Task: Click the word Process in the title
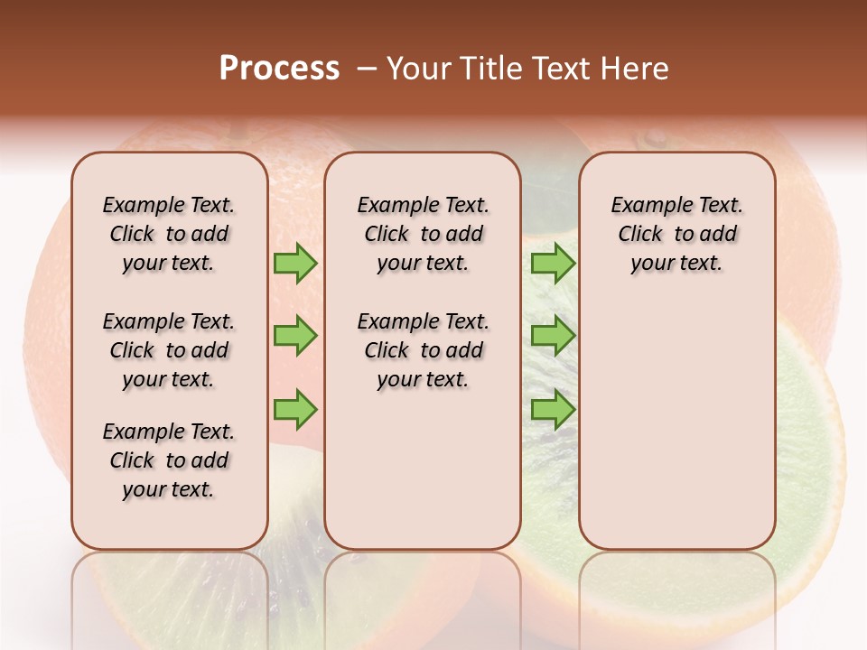click(x=279, y=69)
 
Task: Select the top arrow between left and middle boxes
click(x=295, y=264)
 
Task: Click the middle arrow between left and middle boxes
click(x=295, y=336)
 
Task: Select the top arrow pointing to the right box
click(x=553, y=264)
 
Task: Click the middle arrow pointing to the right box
click(x=553, y=336)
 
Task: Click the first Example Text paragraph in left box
click(x=169, y=234)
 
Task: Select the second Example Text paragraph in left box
click(x=169, y=350)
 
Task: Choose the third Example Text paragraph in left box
click(x=169, y=460)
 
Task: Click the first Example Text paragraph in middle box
click(x=423, y=234)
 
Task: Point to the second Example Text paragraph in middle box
click(x=423, y=350)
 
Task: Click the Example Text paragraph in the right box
click(x=676, y=234)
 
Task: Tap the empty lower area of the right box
click(x=676, y=433)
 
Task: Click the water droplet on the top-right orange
click(x=654, y=138)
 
